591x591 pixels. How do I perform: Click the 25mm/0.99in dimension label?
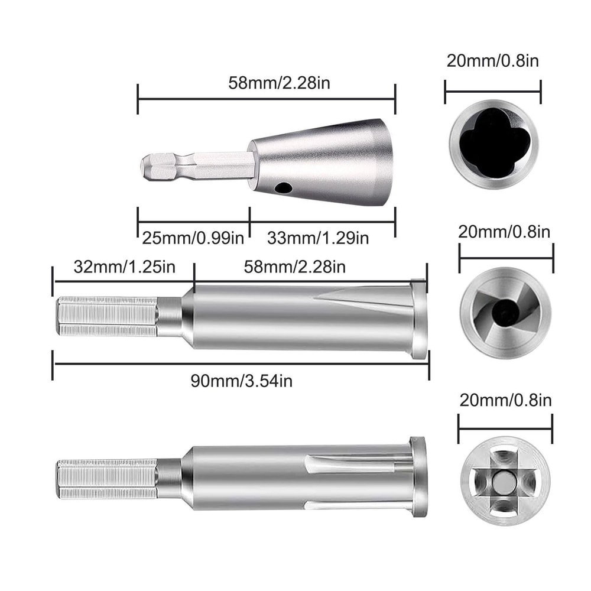point(193,238)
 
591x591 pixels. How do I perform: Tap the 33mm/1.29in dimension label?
point(318,238)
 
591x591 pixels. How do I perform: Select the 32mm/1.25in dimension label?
point(124,267)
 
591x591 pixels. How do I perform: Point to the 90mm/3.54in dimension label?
point(242,381)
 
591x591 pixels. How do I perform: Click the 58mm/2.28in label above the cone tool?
point(280,83)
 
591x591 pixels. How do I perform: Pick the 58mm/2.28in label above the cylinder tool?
point(295,267)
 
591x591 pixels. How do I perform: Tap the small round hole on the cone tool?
point(284,187)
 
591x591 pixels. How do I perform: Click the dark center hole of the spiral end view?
point(503,313)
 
